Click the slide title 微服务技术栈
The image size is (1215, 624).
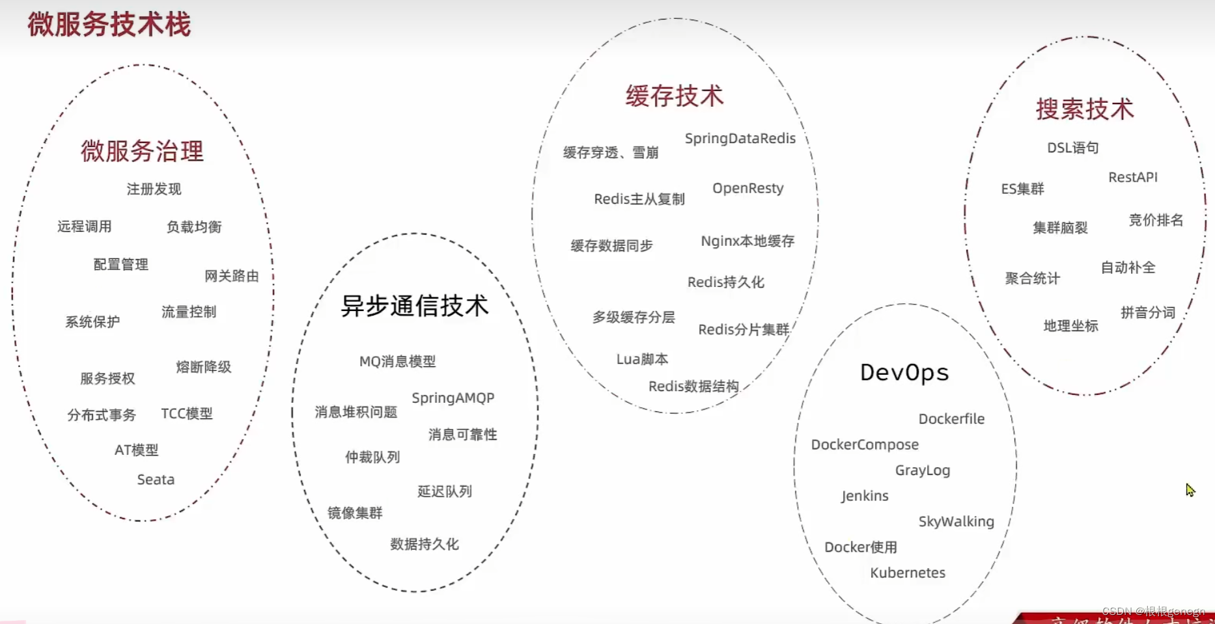tap(109, 25)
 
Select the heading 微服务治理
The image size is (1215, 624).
tap(142, 151)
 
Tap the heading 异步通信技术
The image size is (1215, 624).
tap(415, 306)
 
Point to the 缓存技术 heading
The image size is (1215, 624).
tap(675, 96)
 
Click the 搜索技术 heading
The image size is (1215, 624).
tap(1085, 109)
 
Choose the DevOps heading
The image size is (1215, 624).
tap(904, 373)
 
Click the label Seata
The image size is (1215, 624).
tap(156, 480)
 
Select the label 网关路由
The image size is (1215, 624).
tap(232, 276)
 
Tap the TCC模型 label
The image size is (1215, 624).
tap(187, 414)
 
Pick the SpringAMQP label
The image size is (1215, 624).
tap(453, 398)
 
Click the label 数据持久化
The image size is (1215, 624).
tap(425, 544)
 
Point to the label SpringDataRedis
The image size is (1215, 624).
tap(740, 139)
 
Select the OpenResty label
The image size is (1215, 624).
tap(747, 188)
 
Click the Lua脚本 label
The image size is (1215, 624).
tap(642, 359)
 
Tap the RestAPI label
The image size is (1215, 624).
tap(1133, 177)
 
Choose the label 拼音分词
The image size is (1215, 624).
tap(1148, 312)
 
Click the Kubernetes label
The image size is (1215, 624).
tap(908, 573)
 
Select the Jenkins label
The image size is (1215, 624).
tap(865, 496)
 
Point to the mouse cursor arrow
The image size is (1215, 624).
tap(1190, 490)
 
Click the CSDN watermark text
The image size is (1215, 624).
tap(1152, 611)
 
